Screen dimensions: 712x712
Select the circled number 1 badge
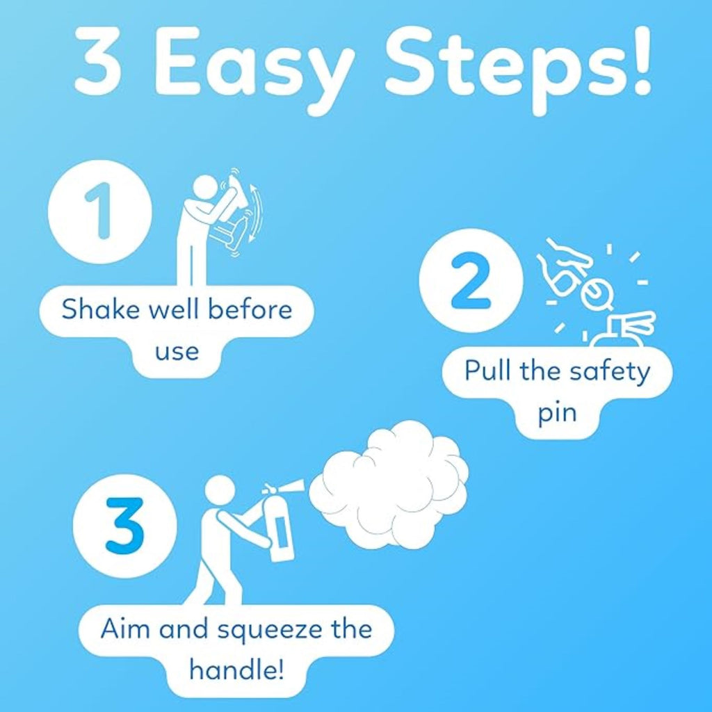click(x=100, y=211)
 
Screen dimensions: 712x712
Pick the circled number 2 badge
click(x=471, y=280)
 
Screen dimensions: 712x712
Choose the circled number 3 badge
click(x=125, y=526)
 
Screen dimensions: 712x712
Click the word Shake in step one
click(x=100, y=309)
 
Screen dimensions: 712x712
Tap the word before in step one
click(x=250, y=309)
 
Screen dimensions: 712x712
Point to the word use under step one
click(x=177, y=352)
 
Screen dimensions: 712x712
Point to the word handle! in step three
click(x=236, y=670)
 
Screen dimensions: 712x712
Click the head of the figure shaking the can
click(x=206, y=189)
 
